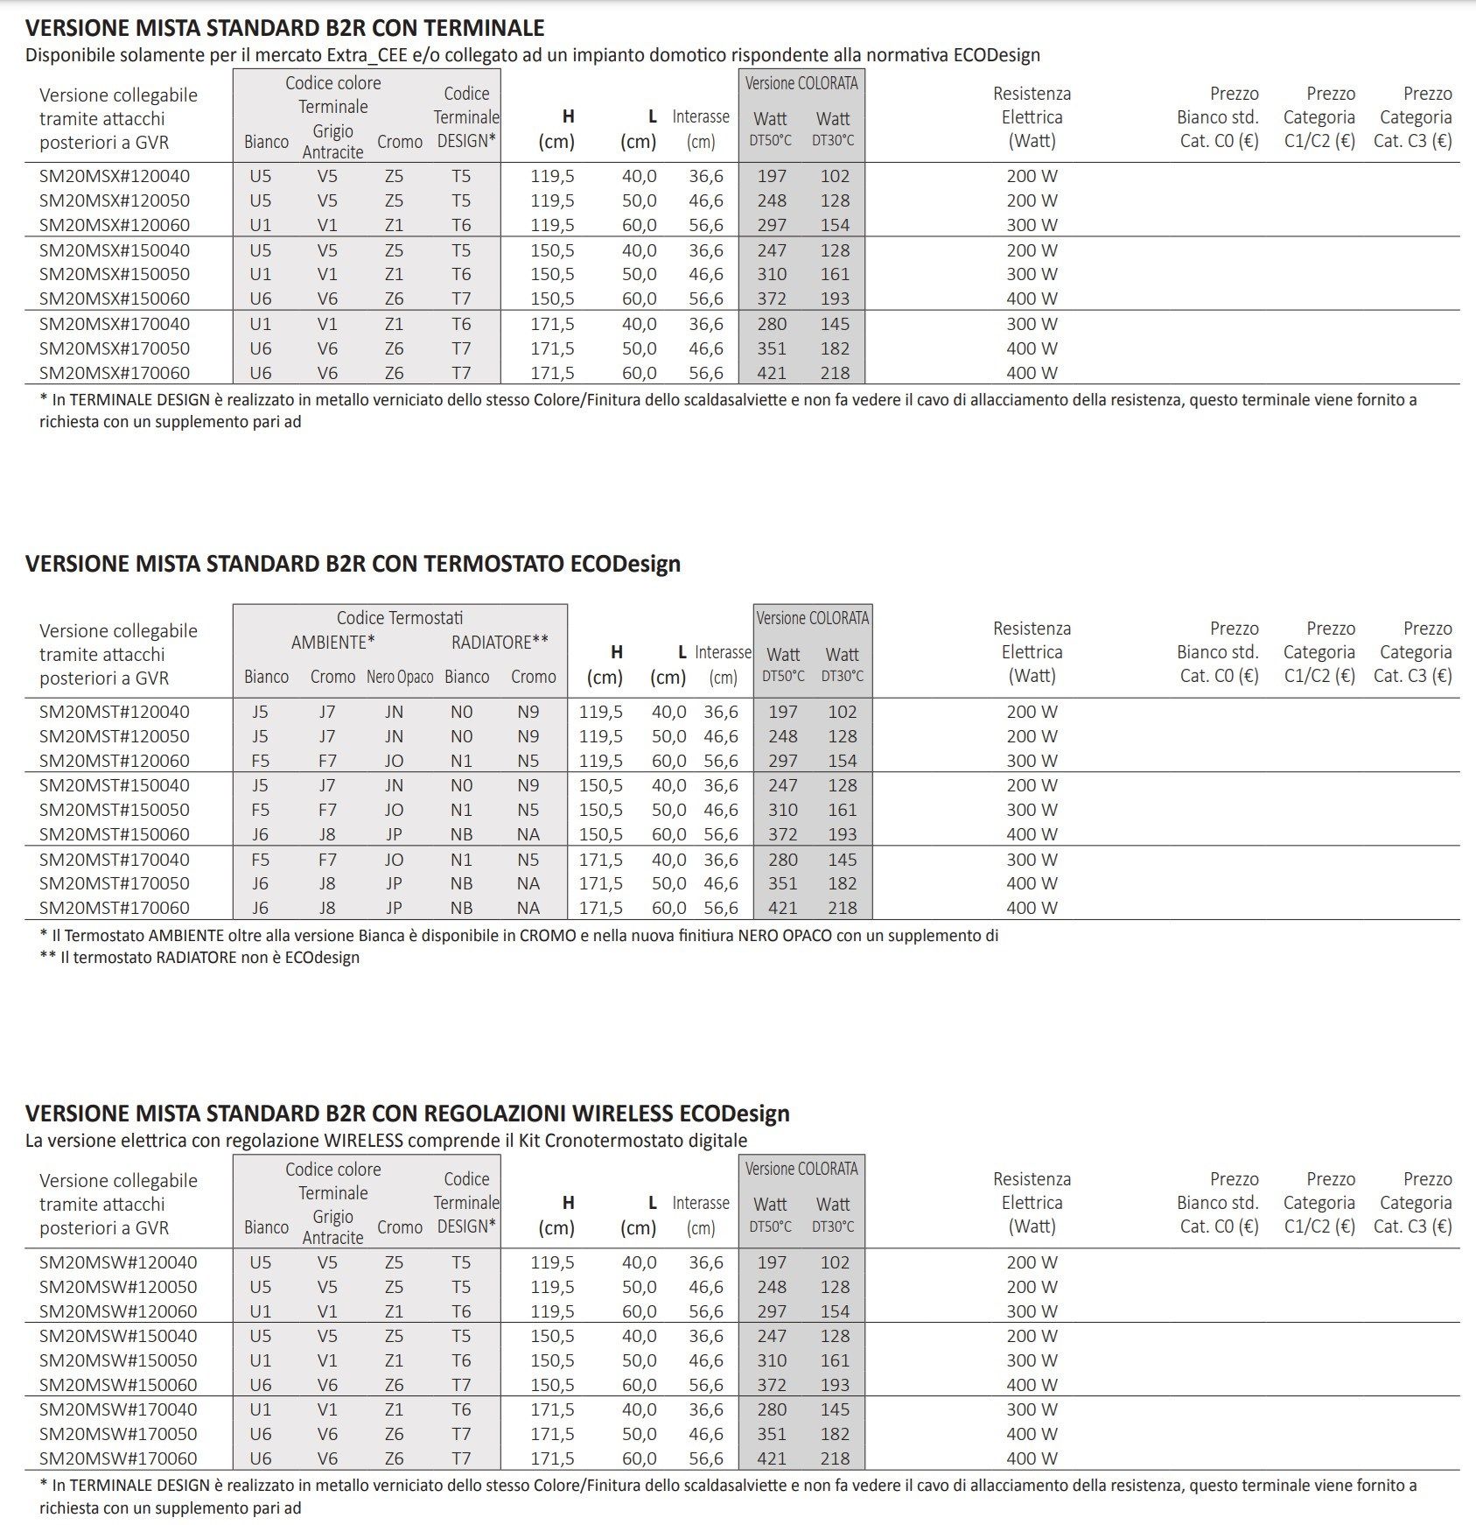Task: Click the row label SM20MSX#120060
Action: click(115, 225)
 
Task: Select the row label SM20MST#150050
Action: click(115, 810)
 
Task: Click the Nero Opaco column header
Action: click(400, 677)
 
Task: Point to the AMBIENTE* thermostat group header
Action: click(333, 643)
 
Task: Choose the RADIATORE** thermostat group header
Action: click(500, 643)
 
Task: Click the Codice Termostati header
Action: click(400, 618)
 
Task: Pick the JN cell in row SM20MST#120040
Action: click(394, 712)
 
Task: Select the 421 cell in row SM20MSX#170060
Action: click(772, 373)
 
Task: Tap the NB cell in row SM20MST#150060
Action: click(461, 834)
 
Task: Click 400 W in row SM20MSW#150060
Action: click(1032, 1385)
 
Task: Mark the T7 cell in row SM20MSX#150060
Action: click(461, 299)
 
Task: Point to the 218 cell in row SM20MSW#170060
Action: click(835, 1458)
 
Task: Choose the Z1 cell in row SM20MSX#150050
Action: click(394, 274)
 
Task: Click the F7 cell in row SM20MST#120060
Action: click(327, 761)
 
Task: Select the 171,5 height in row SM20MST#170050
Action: click(600, 883)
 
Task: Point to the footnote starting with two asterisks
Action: click(200, 958)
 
